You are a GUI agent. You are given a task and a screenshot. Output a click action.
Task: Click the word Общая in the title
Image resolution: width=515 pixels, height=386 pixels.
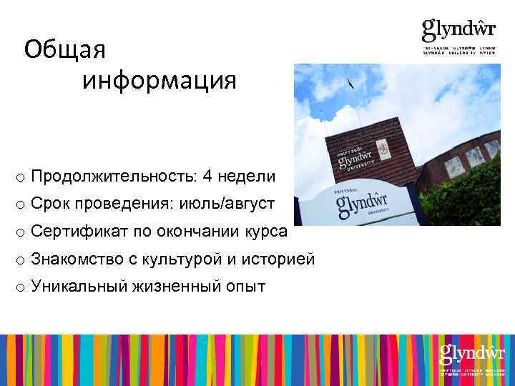click(x=64, y=50)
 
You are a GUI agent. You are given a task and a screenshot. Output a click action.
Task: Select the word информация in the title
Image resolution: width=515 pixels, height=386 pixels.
click(x=159, y=81)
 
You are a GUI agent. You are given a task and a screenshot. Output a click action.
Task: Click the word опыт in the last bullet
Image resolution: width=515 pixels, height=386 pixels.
click(x=245, y=287)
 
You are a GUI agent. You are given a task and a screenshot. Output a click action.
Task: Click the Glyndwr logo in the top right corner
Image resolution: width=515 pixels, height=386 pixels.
click(x=458, y=36)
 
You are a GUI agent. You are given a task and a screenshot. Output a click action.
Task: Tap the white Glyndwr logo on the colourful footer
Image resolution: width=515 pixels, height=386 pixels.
click(x=472, y=357)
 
